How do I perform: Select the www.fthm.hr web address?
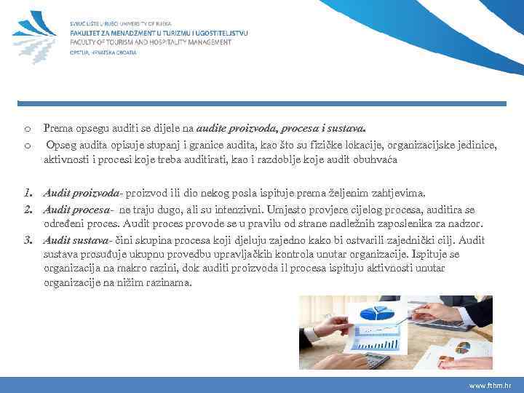coord(490,384)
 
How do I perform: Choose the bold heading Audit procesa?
coord(78,210)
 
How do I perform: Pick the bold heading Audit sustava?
coord(77,239)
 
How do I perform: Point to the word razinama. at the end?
coord(170,283)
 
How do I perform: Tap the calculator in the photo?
coord(378,359)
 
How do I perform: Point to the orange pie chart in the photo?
coord(462,347)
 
